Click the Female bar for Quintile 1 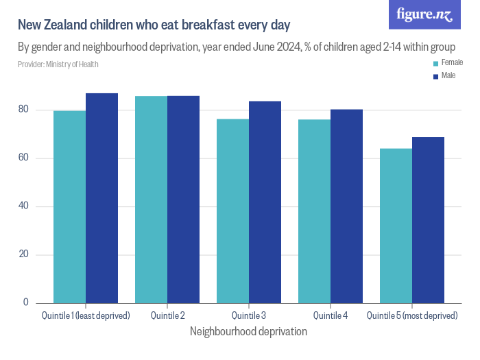(x=69, y=206)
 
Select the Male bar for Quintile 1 (x=101, y=198)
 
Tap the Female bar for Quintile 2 (x=151, y=200)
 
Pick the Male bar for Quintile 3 (x=265, y=202)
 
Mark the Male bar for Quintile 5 (x=428, y=220)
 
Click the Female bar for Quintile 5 (x=396, y=226)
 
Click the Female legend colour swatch (x=435, y=63)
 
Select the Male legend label (x=448, y=75)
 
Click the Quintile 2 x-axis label (x=167, y=315)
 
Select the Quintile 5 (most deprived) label (x=412, y=315)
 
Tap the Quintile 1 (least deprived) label (x=86, y=315)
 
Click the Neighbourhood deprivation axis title (x=248, y=331)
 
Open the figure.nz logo (x=424, y=14)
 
